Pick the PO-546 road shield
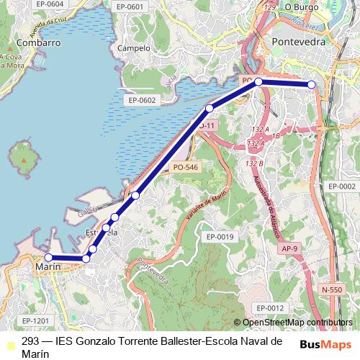[x=185, y=167]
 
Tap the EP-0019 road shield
[x=220, y=236]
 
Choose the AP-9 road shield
[x=290, y=248]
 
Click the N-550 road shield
[x=332, y=289]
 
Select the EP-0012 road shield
[x=271, y=308]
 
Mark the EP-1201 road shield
[x=35, y=320]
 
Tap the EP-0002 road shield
[x=342, y=186]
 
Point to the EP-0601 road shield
[x=130, y=6]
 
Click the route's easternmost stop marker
[x=312, y=85]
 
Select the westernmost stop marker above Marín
[x=48, y=257]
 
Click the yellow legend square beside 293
[x=8, y=342]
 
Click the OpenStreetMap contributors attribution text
[x=297, y=323]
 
